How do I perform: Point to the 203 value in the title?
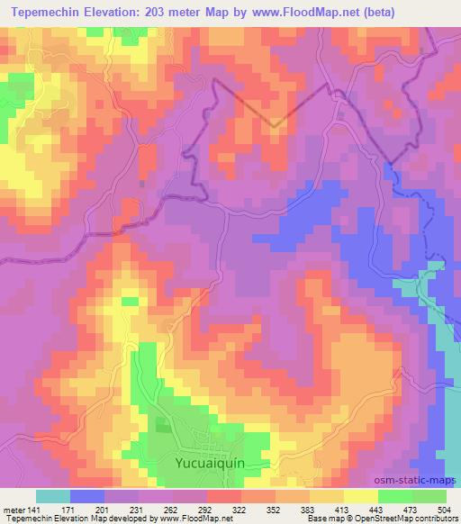point(159,11)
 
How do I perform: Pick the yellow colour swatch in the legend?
point(360,495)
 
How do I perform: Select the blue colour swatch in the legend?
point(86,495)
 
